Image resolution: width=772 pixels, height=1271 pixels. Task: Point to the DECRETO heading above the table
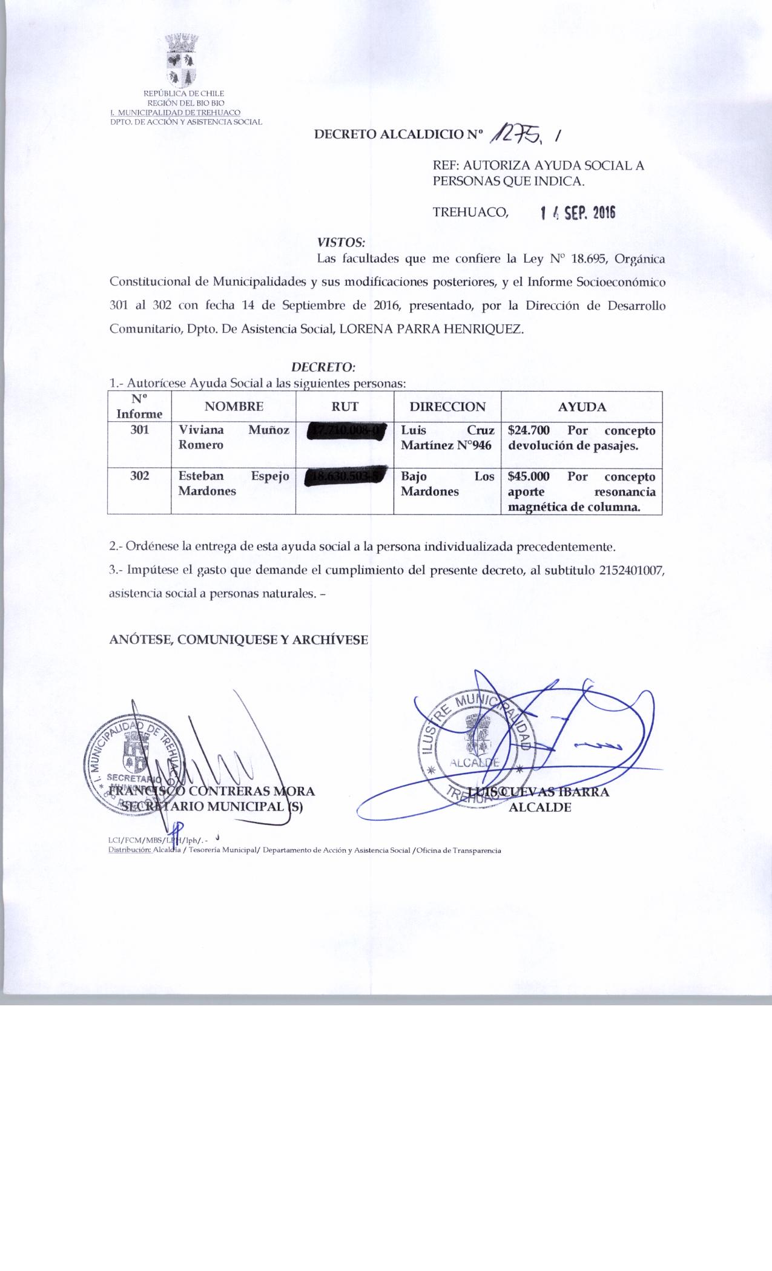click(323, 367)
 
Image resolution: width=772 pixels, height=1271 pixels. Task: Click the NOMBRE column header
click(234, 407)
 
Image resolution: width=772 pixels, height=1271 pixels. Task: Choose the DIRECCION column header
click(447, 407)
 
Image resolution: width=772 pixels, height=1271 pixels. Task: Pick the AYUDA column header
click(581, 407)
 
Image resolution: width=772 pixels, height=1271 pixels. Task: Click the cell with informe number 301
click(139, 430)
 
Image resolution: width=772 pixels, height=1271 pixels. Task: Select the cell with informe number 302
click(139, 476)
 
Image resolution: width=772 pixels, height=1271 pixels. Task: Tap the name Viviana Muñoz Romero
click(234, 438)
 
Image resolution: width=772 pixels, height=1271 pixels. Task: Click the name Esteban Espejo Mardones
click(234, 484)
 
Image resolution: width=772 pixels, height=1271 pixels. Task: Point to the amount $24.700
click(529, 430)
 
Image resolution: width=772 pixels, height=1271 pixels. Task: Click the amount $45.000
click(529, 476)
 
